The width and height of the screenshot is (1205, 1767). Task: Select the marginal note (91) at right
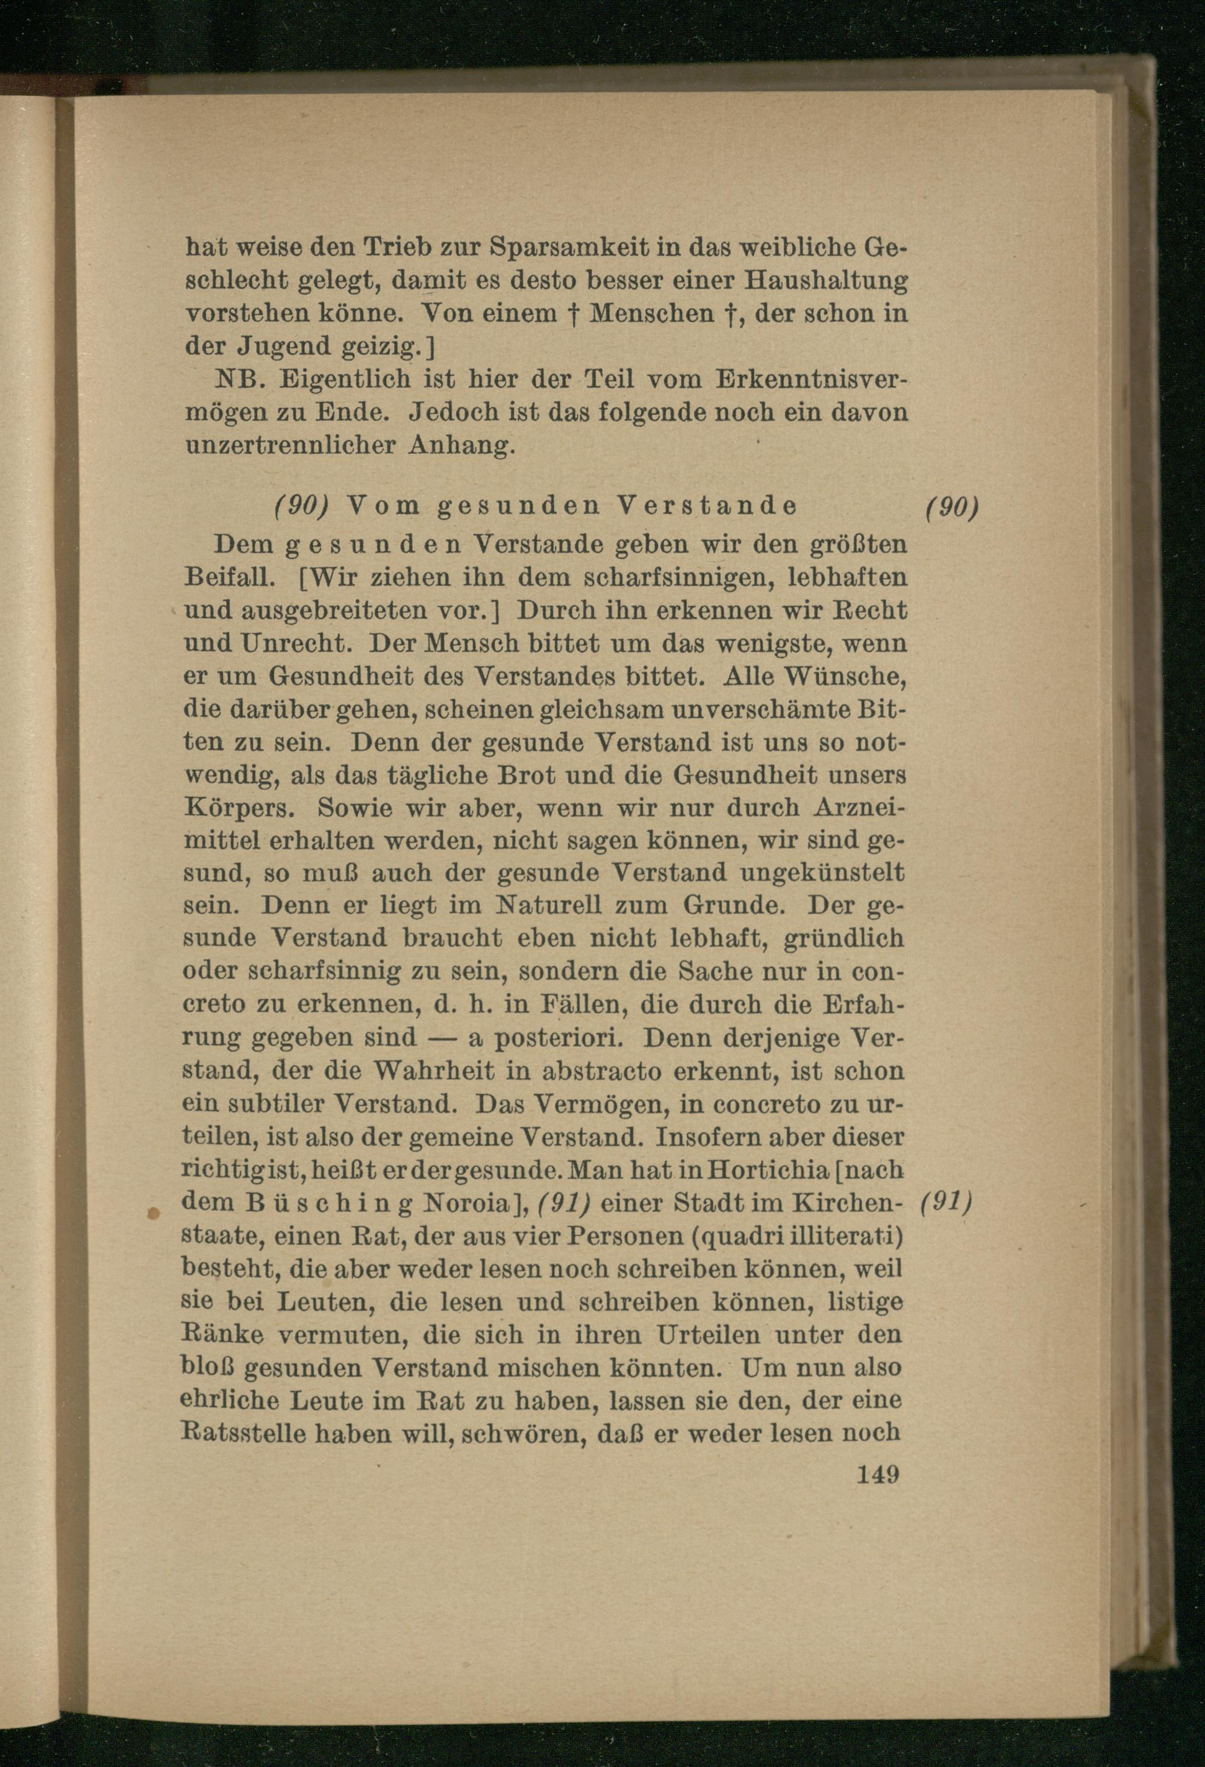coord(947,1203)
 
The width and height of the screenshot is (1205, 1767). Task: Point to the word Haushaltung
coord(825,281)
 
